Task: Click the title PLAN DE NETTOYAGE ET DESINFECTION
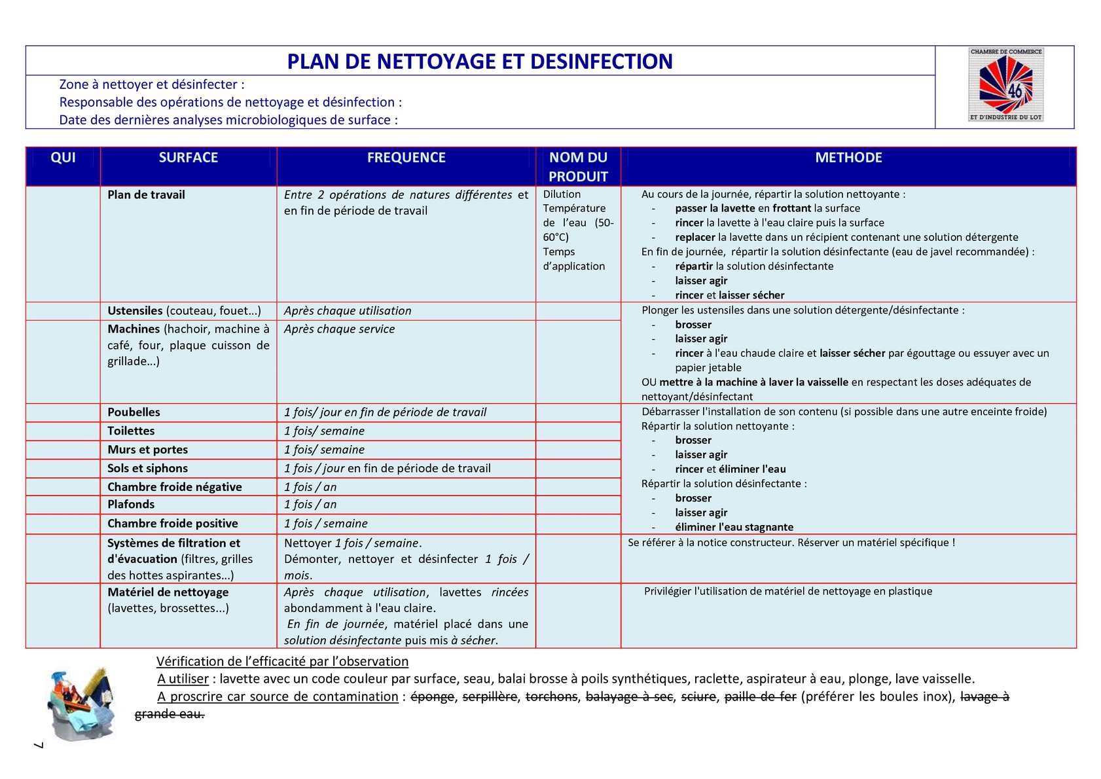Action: click(x=480, y=61)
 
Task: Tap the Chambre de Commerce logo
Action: click(x=1005, y=85)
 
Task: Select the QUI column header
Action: click(x=63, y=158)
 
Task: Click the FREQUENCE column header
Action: click(x=406, y=158)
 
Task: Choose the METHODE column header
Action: click(x=848, y=158)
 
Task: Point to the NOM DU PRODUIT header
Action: click(x=578, y=167)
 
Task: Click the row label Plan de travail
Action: click(x=146, y=195)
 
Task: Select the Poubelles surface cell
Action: click(x=134, y=412)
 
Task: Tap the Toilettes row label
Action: click(x=131, y=431)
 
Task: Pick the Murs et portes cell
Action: click(x=147, y=450)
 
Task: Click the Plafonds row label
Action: click(x=131, y=505)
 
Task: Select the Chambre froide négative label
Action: click(x=174, y=487)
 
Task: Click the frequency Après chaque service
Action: click(x=339, y=329)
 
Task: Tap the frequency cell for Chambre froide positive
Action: click(x=325, y=524)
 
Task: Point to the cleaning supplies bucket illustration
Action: click(x=81, y=704)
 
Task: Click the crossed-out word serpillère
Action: click(x=490, y=697)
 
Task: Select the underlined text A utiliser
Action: click(x=183, y=679)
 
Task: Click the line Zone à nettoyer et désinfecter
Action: click(x=152, y=84)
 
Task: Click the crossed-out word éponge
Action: click(x=432, y=697)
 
